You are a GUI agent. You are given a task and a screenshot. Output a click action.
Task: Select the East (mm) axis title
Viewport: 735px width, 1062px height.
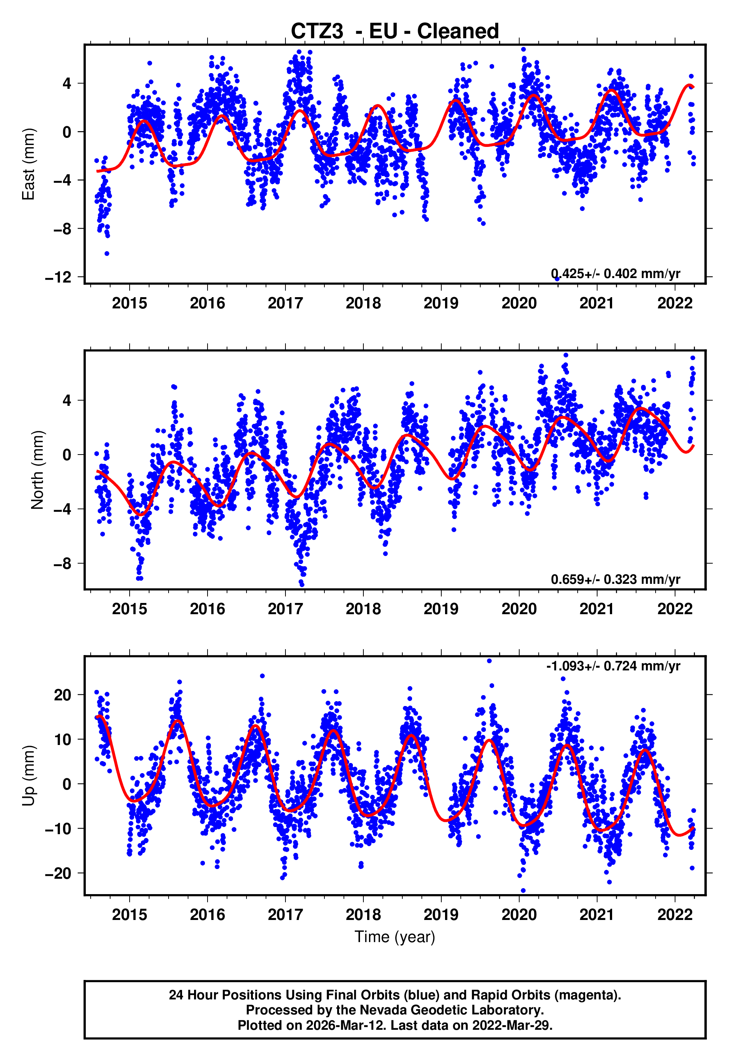click(x=28, y=164)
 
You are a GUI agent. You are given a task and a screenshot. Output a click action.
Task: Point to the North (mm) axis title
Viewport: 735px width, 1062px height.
click(x=37, y=470)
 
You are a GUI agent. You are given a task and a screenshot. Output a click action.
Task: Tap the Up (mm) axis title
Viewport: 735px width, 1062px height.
click(x=28, y=776)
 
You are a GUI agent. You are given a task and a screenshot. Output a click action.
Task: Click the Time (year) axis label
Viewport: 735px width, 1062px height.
click(x=395, y=937)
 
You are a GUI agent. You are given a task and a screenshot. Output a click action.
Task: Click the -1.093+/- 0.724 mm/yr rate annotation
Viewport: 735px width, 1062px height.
click(x=613, y=666)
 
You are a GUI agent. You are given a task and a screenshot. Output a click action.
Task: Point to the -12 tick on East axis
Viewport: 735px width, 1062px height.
click(x=58, y=277)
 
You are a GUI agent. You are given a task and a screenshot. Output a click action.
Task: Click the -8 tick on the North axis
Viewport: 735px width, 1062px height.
click(x=63, y=563)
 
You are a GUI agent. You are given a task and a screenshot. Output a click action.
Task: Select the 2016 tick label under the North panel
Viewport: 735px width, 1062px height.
click(x=207, y=609)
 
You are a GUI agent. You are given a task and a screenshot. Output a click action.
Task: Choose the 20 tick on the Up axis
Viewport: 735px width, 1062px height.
click(x=63, y=694)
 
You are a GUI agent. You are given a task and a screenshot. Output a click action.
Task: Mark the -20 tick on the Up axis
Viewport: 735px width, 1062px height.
click(x=58, y=873)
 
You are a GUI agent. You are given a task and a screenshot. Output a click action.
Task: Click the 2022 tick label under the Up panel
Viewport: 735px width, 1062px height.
click(x=675, y=915)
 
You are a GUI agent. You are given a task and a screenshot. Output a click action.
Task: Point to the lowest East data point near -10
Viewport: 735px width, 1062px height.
click(x=107, y=253)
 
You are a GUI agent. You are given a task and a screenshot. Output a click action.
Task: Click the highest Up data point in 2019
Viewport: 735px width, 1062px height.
click(x=489, y=661)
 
